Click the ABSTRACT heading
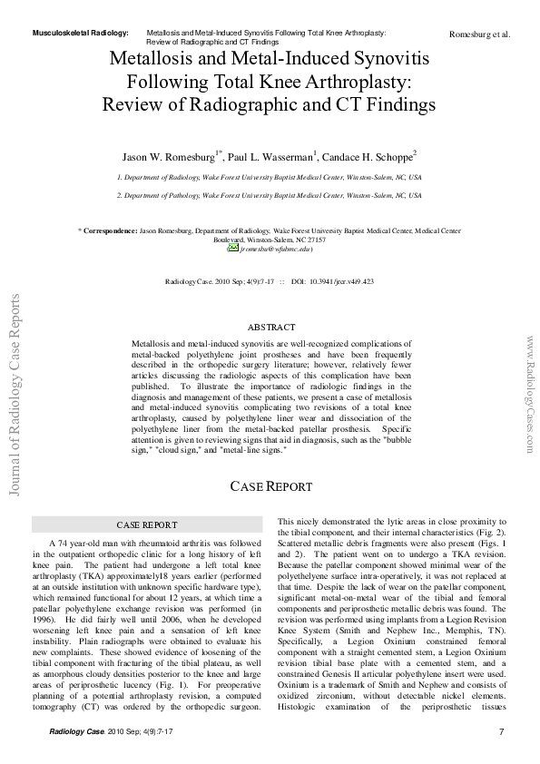click(x=270, y=327)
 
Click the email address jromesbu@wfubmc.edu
click(x=276, y=248)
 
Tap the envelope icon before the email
click(x=233, y=248)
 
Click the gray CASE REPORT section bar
click(x=146, y=524)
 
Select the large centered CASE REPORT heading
click(x=270, y=486)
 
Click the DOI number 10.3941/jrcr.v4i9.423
click(x=337, y=281)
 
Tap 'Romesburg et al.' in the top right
click(x=479, y=34)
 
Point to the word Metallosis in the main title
click(x=152, y=57)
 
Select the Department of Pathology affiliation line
click(x=269, y=195)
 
